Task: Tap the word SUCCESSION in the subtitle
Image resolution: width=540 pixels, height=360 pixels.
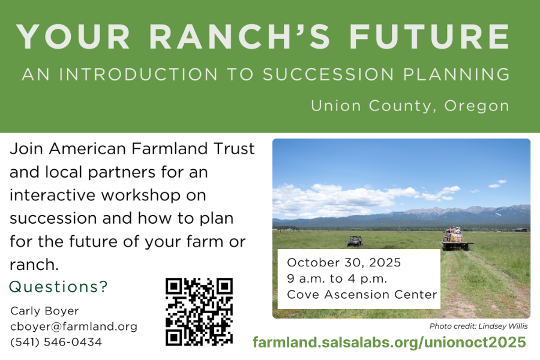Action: click(329, 74)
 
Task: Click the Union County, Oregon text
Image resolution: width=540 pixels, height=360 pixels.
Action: click(410, 106)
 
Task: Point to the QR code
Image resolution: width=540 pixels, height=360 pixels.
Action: click(199, 311)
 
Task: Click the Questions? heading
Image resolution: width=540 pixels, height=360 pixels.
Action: click(59, 287)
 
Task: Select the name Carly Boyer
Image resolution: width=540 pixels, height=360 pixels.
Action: click(44, 311)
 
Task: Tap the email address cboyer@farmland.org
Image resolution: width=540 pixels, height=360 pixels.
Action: click(74, 326)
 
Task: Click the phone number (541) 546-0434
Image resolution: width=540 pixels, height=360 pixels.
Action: click(56, 342)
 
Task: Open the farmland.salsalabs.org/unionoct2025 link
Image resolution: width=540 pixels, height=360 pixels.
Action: click(389, 343)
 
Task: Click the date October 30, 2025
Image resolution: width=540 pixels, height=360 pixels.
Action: click(344, 263)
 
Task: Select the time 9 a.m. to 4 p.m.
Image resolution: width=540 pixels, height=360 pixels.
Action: click(337, 278)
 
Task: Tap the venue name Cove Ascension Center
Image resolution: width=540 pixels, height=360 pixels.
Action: click(362, 295)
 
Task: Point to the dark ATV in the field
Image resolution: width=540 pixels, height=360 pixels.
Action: click(355, 241)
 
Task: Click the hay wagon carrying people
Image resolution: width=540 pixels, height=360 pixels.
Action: click(457, 240)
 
